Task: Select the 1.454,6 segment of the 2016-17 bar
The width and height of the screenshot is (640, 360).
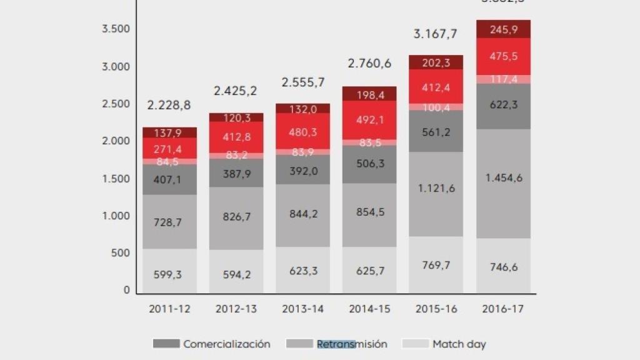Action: point(503,178)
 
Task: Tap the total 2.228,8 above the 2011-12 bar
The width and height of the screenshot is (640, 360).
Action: point(169,105)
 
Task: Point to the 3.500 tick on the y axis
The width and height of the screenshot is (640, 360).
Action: point(116,29)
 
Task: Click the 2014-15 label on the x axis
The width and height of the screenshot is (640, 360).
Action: point(369,309)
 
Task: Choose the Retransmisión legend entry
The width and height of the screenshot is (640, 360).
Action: point(337,344)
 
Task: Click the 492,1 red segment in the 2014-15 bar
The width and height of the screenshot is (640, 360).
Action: point(369,120)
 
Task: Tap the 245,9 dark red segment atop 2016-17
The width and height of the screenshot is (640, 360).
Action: point(503,29)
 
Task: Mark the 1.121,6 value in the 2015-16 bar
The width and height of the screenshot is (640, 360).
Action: point(436,188)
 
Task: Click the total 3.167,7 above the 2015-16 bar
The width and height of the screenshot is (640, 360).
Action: point(435,34)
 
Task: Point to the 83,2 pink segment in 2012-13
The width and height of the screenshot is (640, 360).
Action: point(236,155)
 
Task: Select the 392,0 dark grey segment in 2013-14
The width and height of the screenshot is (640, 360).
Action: point(302,171)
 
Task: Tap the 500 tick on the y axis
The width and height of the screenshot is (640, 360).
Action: point(121,253)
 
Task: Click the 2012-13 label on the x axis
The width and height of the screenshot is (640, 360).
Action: point(236,309)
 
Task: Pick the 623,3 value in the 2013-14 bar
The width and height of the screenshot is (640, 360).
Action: point(302,271)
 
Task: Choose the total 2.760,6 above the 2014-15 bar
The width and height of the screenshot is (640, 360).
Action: point(369,62)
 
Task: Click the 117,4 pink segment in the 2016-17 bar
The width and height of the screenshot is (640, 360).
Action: point(503,79)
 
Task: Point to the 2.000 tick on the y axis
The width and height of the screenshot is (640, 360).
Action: point(116,141)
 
